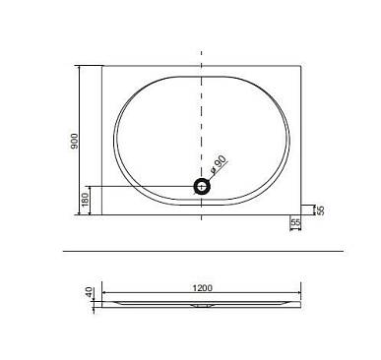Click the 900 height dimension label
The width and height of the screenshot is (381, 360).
point(75,142)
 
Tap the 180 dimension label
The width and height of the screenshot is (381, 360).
point(85,200)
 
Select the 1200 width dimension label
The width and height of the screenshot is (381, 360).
point(203,288)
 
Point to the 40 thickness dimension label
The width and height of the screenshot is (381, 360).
point(89,292)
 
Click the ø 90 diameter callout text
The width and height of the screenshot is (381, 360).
point(219,164)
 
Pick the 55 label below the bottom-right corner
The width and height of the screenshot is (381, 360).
point(295,222)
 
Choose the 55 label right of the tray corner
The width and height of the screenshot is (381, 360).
point(321,210)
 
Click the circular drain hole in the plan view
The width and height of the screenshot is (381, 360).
point(202,187)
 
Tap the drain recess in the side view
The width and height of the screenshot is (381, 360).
point(202,306)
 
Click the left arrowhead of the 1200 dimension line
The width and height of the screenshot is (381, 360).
point(104,292)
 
